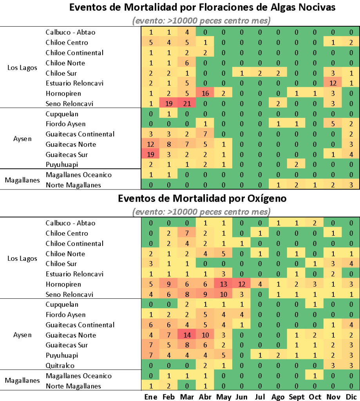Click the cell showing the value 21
[x=187, y=103]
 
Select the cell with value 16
[x=205, y=93]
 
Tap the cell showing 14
[x=187, y=335]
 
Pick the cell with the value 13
[x=223, y=284]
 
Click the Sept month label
[x=297, y=397]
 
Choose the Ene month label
[x=151, y=397]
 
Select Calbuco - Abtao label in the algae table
[x=70, y=32]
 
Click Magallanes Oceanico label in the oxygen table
[x=78, y=376]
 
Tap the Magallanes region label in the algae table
[x=22, y=180]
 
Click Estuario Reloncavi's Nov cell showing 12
[x=333, y=83]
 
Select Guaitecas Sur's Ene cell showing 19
[x=151, y=154]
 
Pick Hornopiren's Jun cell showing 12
[x=242, y=284]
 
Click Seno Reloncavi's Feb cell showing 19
[x=169, y=103]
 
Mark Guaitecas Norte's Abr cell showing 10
[x=205, y=335]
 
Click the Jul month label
[x=260, y=397]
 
